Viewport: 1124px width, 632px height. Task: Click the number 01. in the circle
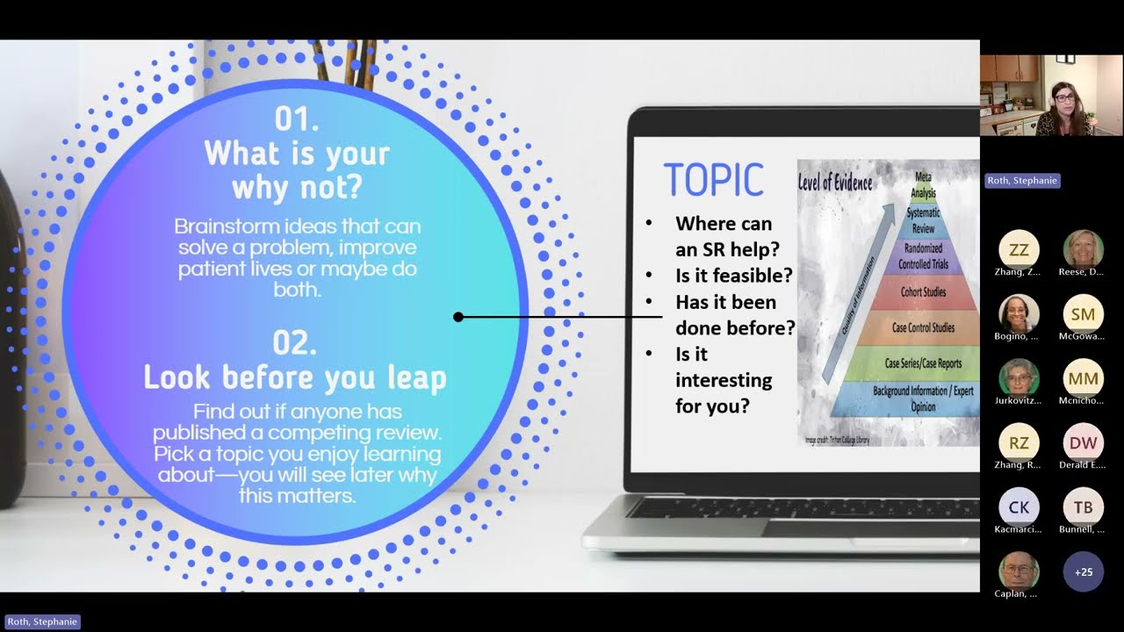pyautogui.click(x=296, y=118)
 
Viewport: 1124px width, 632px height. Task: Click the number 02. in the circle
pyautogui.click(x=295, y=343)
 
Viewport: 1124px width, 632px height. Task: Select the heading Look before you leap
pyautogui.click(x=295, y=377)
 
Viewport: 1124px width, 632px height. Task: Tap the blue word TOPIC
pyautogui.click(x=713, y=181)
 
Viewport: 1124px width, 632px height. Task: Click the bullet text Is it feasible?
pyautogui.click(x=733, y=276)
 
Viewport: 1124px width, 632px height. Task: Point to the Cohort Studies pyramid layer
pyautogui.click(x=923, y=292)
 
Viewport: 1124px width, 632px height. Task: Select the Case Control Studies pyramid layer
pyautogui.click(x=923, y=328)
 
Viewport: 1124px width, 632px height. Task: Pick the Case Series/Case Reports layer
pyautogui.click(x=923, y=363)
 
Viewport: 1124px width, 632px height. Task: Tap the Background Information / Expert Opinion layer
pyautogui.click(x=923, y=399)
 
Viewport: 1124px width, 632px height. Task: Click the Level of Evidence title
pyautogui.click(x=835, y=183)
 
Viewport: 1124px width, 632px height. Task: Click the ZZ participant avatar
pyautogui.click(x=1019, y=250)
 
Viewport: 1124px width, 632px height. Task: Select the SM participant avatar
pyautogui.click(x=1083, y=314)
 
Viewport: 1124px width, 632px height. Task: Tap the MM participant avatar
pyautogui.click(x=1083, y=378)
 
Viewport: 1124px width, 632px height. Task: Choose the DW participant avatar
pyautogui.click(x=1083, y=443)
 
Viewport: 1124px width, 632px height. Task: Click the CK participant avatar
pyautogui.click(x=1019, y=507)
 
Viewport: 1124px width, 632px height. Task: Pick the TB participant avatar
pyautogui.click(x=1083, y=507)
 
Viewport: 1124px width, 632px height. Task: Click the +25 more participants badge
pyautogui.click(x=1083, y=572)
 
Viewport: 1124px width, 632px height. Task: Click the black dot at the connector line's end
pyautogui.click(x=458, y=317)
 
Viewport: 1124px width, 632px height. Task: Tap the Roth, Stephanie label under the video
pyautogui.click(x=1022, y=181)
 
